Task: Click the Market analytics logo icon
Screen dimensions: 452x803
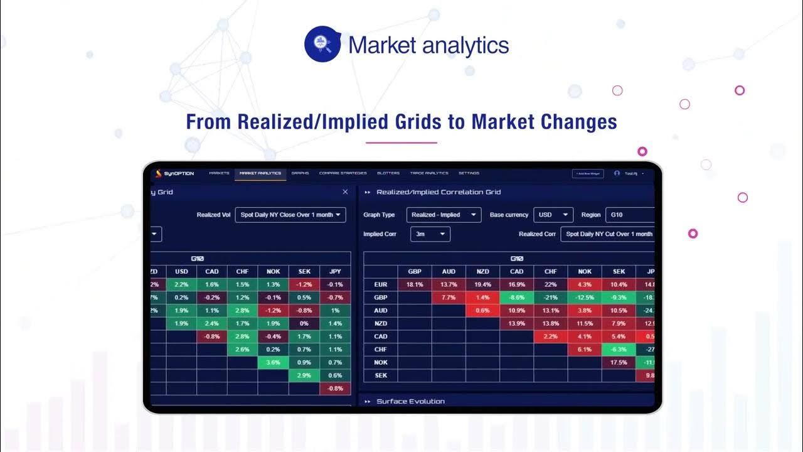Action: tap(322, 44)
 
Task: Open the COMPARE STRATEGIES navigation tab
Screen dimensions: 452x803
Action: tap(343, 173)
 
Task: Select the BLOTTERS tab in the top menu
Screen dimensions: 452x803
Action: tap(388, 173)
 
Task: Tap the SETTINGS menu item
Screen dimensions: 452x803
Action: tap(469, 173)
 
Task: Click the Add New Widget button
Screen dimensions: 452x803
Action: tap(588, 173)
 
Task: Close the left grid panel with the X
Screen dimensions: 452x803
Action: tap(345, 192)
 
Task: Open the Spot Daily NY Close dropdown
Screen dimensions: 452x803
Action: tap(290, 215)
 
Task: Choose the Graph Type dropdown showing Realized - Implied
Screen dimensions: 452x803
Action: tap(444, 215)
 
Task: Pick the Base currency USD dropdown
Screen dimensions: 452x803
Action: tap(553, 215)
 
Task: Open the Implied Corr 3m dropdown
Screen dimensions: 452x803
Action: tap(430, 234)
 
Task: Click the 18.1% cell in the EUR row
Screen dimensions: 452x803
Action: tap(415, 284)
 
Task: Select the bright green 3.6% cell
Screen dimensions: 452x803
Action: tap(273, 362)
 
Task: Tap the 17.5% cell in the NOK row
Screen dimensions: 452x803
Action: tap(618, 362)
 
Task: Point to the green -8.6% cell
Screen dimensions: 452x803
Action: tap(516, 298)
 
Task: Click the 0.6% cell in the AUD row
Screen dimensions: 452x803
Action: tap(482, 310)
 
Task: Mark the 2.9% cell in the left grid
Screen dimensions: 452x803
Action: tap(304, 375)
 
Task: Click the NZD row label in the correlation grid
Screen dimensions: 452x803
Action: tap(380, 323)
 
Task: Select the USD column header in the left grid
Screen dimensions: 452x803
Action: tap(181, 271)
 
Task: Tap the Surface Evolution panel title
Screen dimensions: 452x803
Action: tap(410, 401)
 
